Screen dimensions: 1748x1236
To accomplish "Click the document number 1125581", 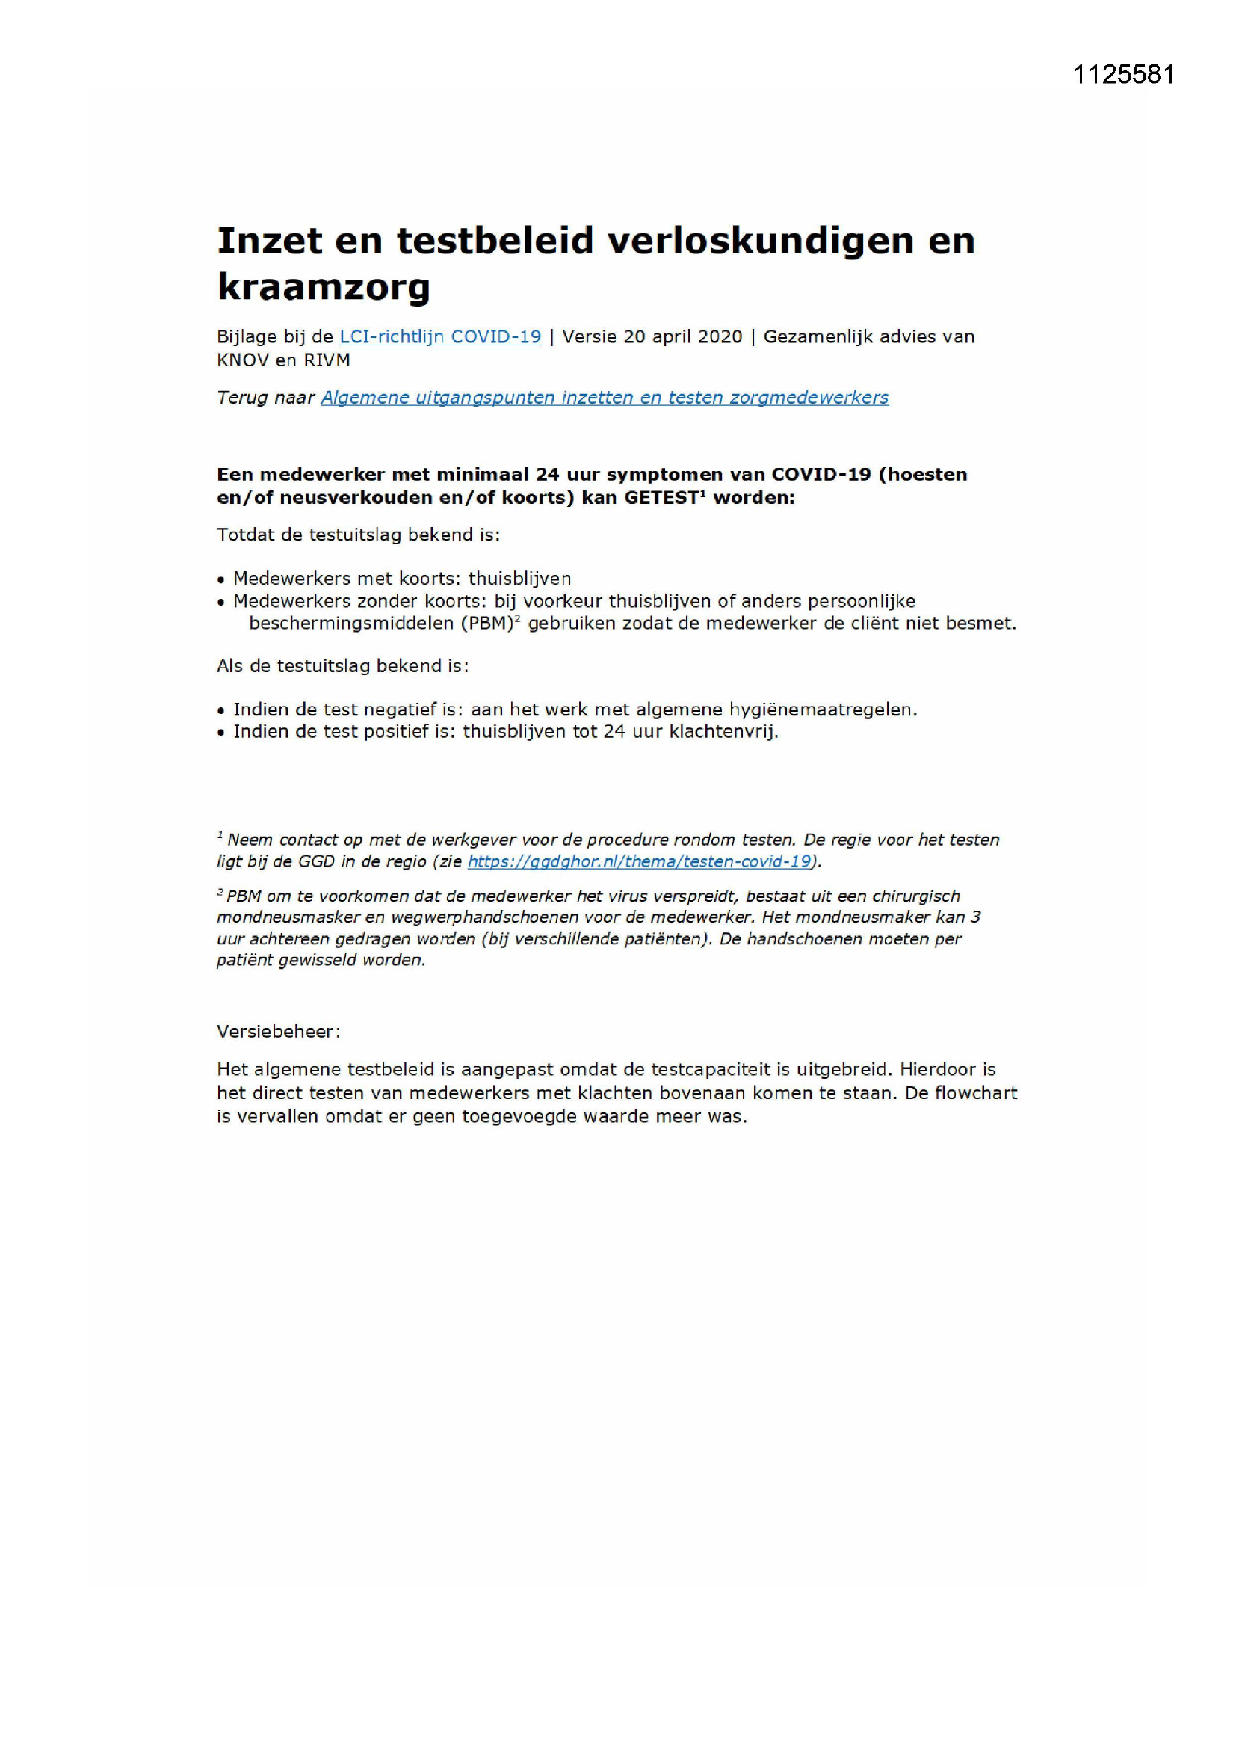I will coord(1123,75).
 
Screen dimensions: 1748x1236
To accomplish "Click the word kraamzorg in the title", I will coord(324,287).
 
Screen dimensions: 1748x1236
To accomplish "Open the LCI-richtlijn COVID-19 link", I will coord(440,336).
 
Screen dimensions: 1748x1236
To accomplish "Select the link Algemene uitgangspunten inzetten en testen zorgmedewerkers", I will coord(605,398).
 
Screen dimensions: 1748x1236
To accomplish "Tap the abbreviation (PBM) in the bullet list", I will coord(486,624).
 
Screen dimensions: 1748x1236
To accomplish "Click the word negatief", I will coord(408,710).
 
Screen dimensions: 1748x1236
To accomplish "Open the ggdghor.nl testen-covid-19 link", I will coord(640,862).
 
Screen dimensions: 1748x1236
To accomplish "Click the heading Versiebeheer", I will coord(279,1032).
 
